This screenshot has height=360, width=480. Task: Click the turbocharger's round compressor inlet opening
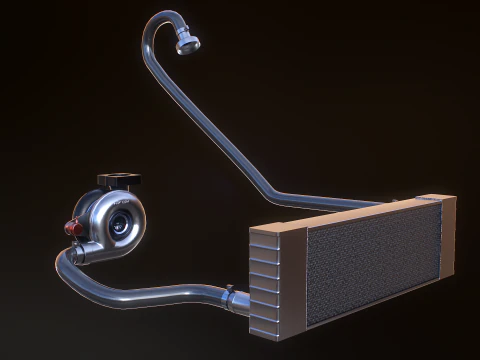pyautogui.click(x=121, y=223)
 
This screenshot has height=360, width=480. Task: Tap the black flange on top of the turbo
pyautogui.click(x=118, y=180)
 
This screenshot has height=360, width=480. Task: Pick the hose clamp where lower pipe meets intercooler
pyautogui.click(x=231, y=296)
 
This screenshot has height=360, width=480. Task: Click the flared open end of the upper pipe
pyautogui.click(x=188, y=43)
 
